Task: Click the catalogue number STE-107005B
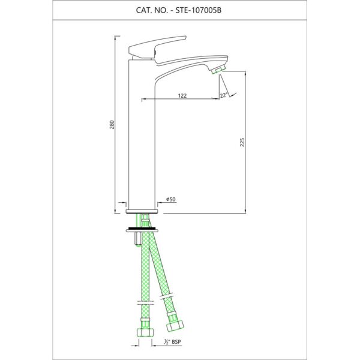click(199, 11)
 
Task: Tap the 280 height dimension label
click(112, 125)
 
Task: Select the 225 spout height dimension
click(242, 142)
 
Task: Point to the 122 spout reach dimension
click(182, 96)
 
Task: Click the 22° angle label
click(224, 95)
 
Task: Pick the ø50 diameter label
click(171, 199)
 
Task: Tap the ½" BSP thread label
click(172, 342)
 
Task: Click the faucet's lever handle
click(157, 48)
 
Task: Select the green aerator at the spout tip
click(218, 70)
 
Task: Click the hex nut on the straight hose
click(145, 332)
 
